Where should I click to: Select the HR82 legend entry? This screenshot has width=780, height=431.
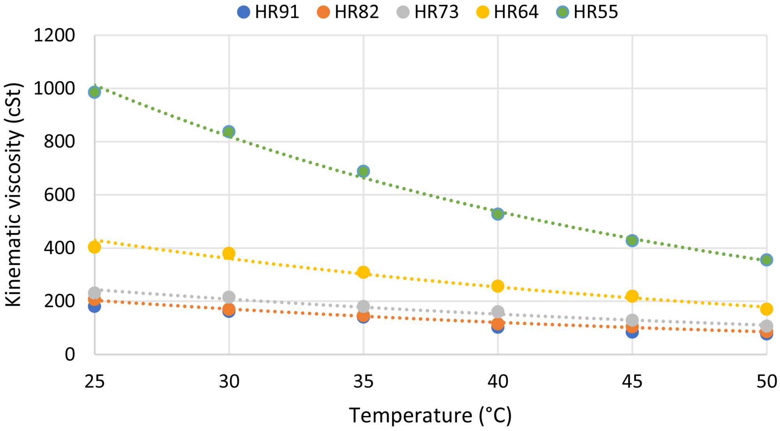(x=348, y=12)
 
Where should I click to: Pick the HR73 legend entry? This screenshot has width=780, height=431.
(x=428, y=12)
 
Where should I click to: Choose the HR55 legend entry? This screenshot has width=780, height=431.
(x=587, y=12)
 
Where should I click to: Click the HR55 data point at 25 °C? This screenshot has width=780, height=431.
(x=94, y=92)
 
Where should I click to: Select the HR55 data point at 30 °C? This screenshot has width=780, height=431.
(x=229, y=132)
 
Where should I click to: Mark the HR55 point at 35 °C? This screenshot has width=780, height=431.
(x=363, y=171)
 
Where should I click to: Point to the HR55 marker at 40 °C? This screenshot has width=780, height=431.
(x=498, y=214)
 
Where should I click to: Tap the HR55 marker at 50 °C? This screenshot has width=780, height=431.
(x=766, y=260)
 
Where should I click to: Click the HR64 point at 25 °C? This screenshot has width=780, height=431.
(x=94, y=247)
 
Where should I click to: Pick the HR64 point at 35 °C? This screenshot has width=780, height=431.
(x=363, y=272)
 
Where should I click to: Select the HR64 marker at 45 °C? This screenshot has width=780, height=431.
(x=632, y=296)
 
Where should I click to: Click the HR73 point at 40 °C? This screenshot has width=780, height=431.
(x=498, y=312)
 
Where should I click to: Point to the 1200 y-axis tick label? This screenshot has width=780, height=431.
(x=54, y=36)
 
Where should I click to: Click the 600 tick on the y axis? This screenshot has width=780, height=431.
(x=59, y=195)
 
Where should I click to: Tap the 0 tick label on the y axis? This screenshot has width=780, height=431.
(x=70, y=354)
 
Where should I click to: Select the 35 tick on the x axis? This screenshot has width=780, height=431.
(x=363, y=381)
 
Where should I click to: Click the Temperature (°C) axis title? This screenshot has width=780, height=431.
(x=430, y=415)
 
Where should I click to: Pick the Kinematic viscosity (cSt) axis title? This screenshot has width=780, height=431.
(x=13, y=194)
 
